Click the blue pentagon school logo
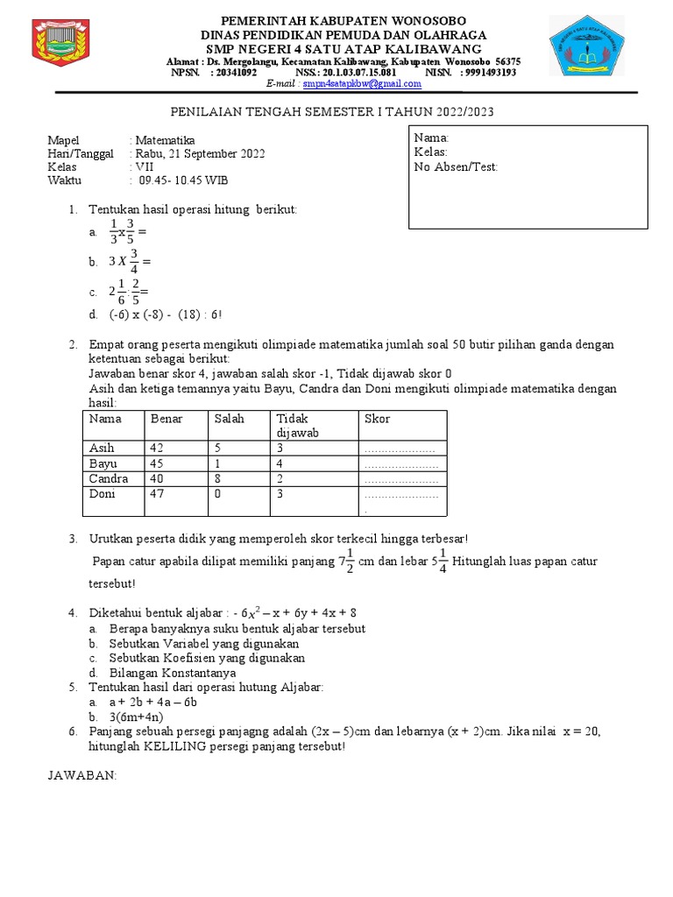586,46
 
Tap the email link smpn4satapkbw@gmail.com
351,84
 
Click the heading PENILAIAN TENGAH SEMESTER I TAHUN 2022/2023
337,113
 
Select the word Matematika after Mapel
165,140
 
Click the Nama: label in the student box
431,138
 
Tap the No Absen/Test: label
455,166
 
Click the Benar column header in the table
166,419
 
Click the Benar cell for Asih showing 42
158,448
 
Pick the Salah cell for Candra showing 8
218,478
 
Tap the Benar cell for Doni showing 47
158,494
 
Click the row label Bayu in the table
103,463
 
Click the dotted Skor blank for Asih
400,448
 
